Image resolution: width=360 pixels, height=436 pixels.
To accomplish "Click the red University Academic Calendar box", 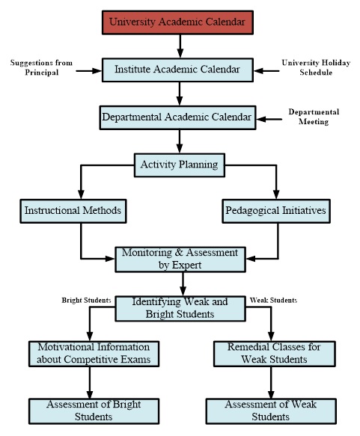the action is [177, 22].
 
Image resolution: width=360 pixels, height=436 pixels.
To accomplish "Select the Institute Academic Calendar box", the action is [177, 70].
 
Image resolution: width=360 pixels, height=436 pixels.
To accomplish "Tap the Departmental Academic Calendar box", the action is [177, 117].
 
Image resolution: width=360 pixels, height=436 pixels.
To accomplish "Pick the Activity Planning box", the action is [180, 165].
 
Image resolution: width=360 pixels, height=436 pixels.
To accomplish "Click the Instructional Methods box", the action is [73, 211].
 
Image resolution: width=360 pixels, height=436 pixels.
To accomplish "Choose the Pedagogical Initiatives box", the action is [276, 211].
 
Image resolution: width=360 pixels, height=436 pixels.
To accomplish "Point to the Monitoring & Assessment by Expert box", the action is [180, 260].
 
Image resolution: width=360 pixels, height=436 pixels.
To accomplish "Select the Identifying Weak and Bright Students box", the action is [180, 309].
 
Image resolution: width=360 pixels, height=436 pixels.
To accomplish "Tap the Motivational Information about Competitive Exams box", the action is [94, 354].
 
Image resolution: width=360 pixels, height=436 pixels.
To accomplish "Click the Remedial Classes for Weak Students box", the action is [275, 354].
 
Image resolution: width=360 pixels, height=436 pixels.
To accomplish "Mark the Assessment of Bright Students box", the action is [94, 411].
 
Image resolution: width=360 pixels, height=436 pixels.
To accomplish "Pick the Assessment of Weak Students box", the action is [271, 411].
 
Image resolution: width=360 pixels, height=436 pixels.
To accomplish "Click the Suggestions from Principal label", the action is [41, 67].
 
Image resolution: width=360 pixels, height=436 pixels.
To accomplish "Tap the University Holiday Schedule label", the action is [316, 67].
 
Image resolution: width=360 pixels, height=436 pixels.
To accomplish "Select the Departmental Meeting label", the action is [314, 117].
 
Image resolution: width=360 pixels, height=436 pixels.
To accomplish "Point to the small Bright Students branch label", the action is [86, 301].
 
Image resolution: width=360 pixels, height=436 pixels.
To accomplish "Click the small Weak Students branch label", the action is [273, 301].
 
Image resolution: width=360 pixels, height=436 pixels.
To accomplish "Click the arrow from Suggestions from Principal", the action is [89, 71].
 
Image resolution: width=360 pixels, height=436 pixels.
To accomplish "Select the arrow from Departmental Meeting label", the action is [269, 119].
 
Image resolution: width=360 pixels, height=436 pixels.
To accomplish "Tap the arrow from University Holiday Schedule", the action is [266, 71].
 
